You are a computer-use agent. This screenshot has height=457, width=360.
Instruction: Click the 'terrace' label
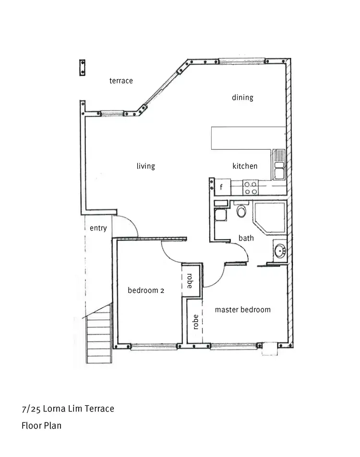[121, 81]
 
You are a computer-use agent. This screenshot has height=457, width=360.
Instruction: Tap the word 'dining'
[242, 97]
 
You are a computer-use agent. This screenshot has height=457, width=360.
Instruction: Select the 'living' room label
[146, 166]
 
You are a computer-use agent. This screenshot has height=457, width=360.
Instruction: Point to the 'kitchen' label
[245, 166]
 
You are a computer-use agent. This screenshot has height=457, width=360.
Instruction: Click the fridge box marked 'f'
[221, 187]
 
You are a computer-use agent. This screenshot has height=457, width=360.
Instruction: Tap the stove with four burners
[251, 187]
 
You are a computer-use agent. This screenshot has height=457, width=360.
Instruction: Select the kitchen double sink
[279, 165]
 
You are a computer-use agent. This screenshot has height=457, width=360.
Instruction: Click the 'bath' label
[246, 238]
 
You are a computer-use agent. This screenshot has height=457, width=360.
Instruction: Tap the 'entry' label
[98, 228]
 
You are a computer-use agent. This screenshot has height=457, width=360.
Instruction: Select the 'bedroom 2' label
[146, 290]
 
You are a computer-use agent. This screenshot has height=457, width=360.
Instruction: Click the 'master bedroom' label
[242, 310]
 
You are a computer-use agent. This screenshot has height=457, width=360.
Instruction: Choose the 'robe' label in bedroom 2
[190, 281]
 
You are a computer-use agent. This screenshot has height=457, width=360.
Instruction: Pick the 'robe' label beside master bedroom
[195, 322]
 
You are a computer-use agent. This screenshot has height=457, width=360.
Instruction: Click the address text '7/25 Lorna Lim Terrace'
[68, 409]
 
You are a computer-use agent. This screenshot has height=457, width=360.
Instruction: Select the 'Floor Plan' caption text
[41, 425]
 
